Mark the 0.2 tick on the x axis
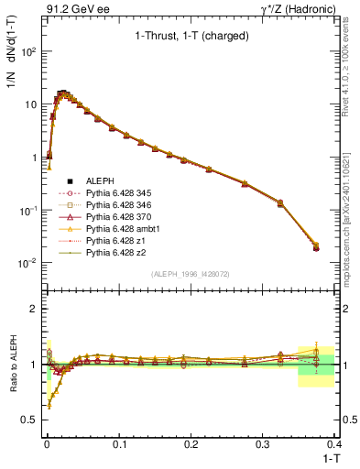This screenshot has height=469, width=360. click(191, 441)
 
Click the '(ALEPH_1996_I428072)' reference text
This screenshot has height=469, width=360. click(190, 274)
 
